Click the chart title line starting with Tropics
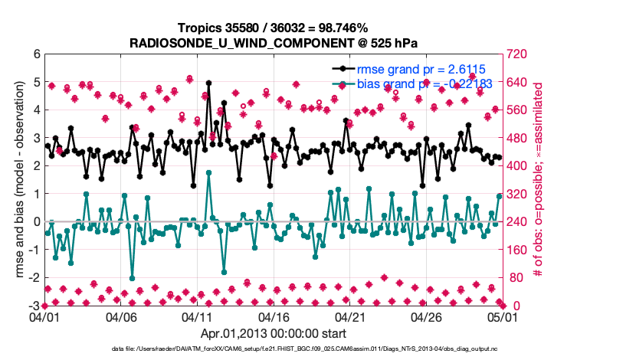coord(274,28)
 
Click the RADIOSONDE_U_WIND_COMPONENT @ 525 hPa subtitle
coord(274,41)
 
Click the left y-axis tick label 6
coord(36,54)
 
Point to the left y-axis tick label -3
coord(34,306)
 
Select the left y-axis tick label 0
coord(36,222)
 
